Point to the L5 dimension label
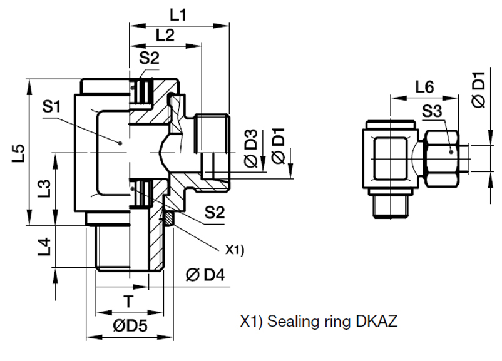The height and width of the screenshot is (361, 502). pos(19,153)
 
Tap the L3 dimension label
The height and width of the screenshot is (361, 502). pos(44,188)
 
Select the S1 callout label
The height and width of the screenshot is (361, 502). pos(54,107)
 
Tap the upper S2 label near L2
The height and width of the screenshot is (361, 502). pos(149,58)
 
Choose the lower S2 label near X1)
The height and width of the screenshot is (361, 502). pos(213,213)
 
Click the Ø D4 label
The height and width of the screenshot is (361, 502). pos(205,275)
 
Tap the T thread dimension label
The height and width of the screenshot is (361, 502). pos(128,302)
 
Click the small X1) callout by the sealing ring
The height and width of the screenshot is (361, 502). pos(235,250)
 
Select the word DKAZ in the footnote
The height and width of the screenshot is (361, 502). pos(376,323)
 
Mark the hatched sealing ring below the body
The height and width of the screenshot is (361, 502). pos(167,218)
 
